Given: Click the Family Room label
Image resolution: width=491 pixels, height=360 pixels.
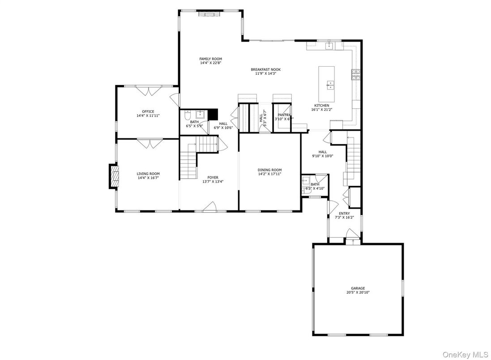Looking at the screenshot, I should (x=210, y=59).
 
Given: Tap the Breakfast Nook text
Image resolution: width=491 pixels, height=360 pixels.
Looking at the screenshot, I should (x=265, y=69).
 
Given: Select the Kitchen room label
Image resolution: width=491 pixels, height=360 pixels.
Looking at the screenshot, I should (x=321, y=106).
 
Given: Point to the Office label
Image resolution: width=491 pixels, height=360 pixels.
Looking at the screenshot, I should (x=148, y=111).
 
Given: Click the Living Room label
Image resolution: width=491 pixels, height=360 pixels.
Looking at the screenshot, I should (x=148, y=174).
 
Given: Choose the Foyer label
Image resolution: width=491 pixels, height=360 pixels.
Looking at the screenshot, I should (x=213, y=177).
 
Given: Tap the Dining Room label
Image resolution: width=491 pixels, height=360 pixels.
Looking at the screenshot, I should (x=269, y=170).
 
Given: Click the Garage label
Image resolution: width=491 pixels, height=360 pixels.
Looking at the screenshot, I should (x=358, y=288).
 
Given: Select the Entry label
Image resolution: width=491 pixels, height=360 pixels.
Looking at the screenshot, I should (x=344, y=213).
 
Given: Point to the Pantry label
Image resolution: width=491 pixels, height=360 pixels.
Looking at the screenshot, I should (x=284, y=115).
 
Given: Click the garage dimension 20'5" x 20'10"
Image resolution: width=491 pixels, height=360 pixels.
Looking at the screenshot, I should (x=358, y=292).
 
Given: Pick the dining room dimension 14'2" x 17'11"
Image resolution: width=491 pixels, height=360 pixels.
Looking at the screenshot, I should (x=269, y=174).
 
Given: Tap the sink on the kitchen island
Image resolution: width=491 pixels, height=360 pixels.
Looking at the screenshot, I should (x=330, y=84).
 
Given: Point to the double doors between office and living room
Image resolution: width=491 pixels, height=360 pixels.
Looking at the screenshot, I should (x=148, y=143).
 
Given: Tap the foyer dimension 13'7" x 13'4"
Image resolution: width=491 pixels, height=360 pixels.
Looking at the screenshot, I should (x=213, y=181).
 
